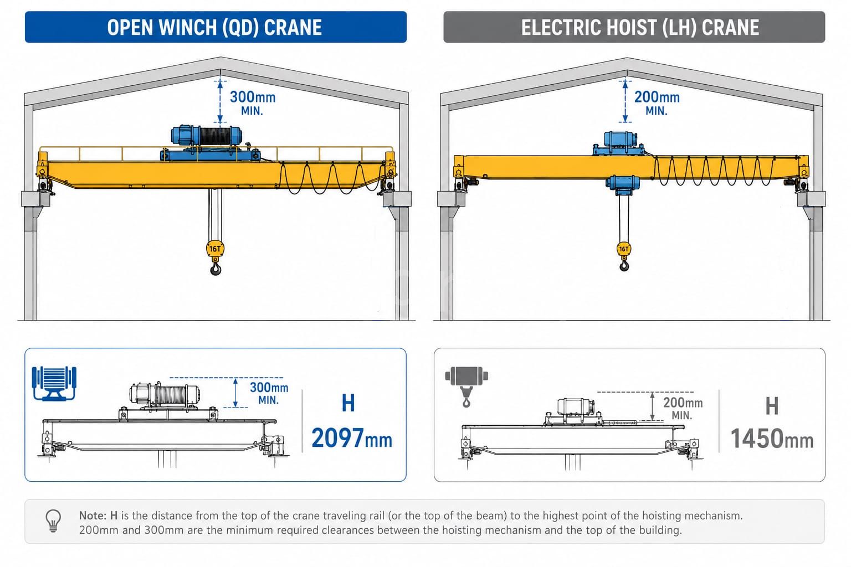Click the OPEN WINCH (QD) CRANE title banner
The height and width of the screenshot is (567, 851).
(x=216, y=27)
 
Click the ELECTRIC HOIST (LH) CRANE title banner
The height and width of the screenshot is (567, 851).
(x=634, y=27)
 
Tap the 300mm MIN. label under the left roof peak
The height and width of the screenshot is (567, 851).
(x=253, y=102)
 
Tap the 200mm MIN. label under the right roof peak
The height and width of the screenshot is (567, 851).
(x=657, y=102)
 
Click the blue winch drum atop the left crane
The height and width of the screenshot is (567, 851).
(x=206, y=136)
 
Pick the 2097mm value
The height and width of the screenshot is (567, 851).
(x=352, y=438)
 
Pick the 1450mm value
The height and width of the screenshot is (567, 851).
(x=772, y=439)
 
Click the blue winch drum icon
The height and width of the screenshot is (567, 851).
(x=54, y=384)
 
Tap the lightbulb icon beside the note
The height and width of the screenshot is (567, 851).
(x=53, y=520)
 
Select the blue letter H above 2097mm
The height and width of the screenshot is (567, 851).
(x=348, y=403)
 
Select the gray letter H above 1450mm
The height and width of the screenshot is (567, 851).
(x=772, y=406)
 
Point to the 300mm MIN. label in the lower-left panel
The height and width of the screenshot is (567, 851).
(x=269, y=393)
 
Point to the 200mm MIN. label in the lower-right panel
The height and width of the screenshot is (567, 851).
(x=683, y=408)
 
